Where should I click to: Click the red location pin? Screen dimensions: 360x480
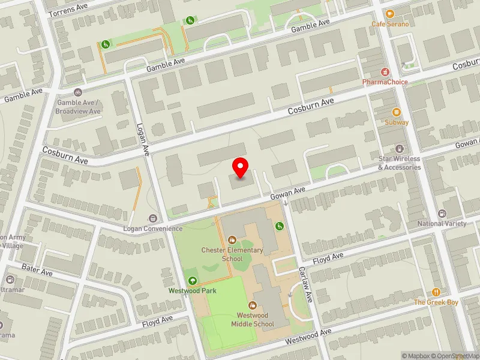tap(241, 167)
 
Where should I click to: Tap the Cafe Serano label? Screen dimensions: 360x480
tap(390, 24)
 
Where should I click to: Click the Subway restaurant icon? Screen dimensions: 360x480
tap(396, 112)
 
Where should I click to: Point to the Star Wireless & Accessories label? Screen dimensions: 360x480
tap(400, 163)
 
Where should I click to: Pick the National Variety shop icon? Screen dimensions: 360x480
tap(442, 214)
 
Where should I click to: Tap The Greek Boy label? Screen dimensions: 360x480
tap(436, 302)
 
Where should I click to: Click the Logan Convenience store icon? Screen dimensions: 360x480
tap(153, 218)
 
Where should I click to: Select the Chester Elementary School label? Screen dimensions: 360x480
tap(232, 254)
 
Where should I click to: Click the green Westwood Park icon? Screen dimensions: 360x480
tap(192, 280)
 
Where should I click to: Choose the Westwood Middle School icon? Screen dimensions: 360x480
tap(252, 305)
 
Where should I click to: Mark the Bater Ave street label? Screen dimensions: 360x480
tap(37, 269)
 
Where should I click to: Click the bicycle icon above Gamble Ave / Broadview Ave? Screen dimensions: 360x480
tap(77, 92)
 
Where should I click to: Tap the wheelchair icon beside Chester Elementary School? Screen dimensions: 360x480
tap(279, 226)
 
